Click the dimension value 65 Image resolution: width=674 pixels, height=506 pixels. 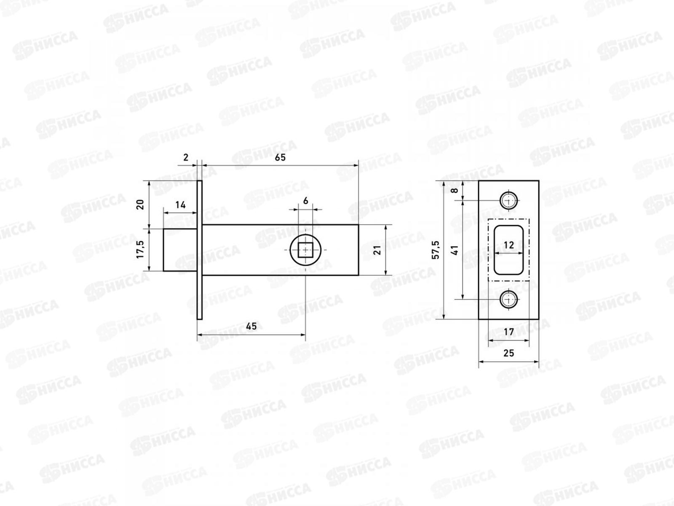tap(280, 157)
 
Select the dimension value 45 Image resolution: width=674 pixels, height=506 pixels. tap(251, 326)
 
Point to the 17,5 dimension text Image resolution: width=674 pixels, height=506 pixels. tap(141, 250)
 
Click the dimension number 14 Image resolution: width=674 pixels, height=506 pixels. tap(180, 205)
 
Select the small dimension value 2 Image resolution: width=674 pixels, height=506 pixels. tap(186, 157)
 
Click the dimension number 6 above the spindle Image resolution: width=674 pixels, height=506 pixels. tap(305, 201)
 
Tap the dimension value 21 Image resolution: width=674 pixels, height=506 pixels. tap(377, 250)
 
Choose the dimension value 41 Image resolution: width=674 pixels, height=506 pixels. tap(455, 250)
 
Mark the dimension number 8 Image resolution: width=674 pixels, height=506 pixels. tap(455, 191)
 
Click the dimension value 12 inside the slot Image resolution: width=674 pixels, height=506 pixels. tap(509, 245)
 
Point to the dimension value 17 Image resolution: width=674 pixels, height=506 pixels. tap(509, 332)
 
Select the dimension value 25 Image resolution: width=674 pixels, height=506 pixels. tap(509, 353)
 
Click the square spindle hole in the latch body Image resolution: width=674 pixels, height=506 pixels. tap(305, 250)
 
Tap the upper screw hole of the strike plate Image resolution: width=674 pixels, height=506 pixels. tap(509, 200)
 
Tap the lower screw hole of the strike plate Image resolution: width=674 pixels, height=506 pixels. tap(509, 299)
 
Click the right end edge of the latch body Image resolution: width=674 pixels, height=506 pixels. tap(358, 250)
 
